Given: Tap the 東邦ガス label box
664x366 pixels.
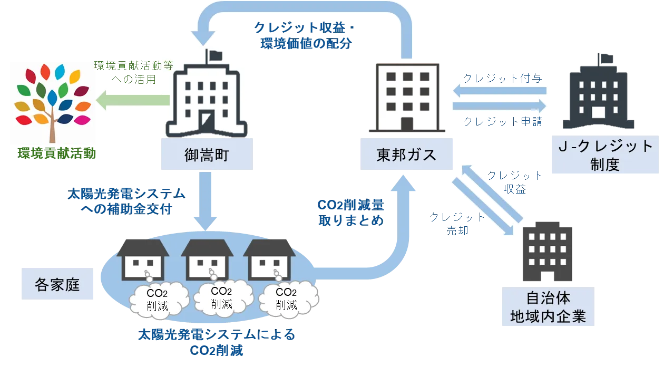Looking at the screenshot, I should click(406, 155).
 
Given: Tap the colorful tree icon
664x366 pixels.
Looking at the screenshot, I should click(52, 103).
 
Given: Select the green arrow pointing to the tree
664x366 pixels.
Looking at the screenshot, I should click(133, 100).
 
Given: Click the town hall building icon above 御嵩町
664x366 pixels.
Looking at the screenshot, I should click(206, 98).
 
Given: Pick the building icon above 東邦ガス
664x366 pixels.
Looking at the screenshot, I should click(407, 97).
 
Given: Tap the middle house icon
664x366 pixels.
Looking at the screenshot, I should click(207, 261).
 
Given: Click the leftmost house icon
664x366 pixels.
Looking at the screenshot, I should click(143, 261).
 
